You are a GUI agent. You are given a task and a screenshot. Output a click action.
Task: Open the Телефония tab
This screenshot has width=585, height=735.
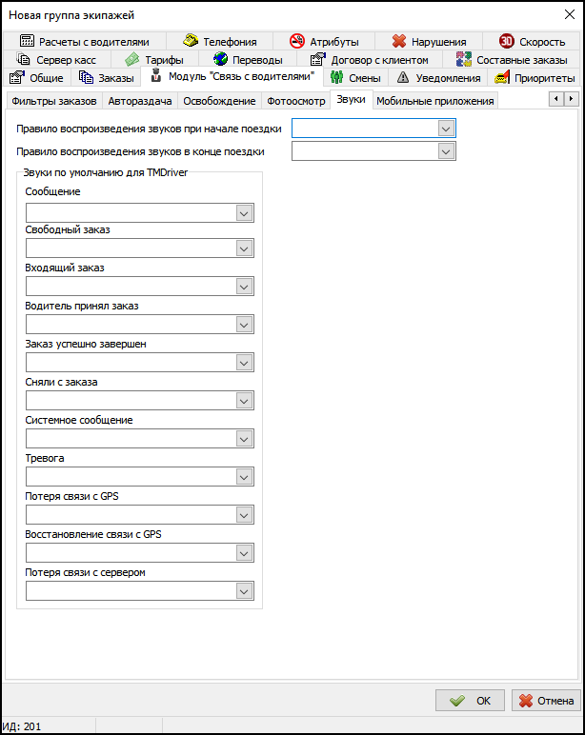click(x=220, y=42)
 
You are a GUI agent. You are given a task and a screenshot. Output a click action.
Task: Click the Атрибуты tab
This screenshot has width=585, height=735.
click(x=324, y=42)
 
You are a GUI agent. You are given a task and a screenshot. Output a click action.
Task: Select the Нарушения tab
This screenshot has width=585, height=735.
click(x=429, y=42)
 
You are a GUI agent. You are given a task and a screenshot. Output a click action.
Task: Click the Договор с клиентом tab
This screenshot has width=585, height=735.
click(x=370, y=60)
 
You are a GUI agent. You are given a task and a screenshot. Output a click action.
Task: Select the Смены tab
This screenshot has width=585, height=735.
click(x=355, y=78)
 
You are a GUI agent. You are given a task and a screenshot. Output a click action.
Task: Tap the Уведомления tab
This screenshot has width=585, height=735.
click(x=438, y=78)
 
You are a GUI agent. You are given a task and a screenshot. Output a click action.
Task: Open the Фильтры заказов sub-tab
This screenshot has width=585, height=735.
click(x=53, y=101)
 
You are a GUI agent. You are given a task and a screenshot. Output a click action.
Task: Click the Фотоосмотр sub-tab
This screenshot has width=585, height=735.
click(x=296, y=101)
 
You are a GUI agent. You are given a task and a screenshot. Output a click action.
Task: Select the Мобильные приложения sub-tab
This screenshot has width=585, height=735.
click(x=434, y=101)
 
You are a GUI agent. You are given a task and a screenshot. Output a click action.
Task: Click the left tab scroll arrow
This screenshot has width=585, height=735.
click(x=555, y=99)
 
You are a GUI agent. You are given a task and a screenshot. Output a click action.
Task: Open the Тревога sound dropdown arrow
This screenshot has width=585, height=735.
click(x=244, y=477)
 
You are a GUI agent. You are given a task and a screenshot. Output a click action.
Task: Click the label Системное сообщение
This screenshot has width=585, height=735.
click(x=79, y=420)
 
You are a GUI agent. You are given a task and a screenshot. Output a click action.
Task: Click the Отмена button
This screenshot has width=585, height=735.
click(x=546, y=701)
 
